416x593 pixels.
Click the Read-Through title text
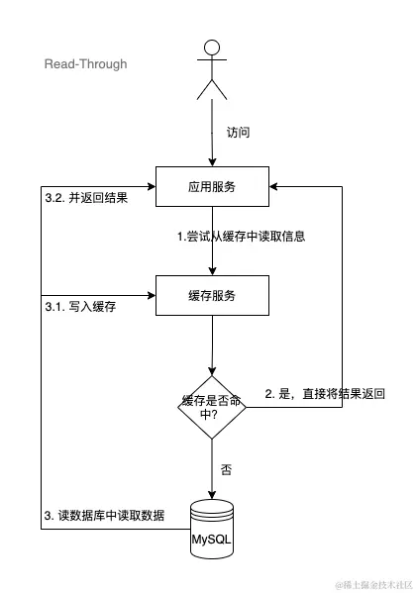85,64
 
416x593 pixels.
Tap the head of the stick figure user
212,47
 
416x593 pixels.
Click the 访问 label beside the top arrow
239,132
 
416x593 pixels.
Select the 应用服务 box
212,186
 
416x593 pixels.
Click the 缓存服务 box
212,295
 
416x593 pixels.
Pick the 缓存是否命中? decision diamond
212,408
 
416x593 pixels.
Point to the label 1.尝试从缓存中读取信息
234,237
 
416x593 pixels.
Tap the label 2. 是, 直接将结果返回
325,393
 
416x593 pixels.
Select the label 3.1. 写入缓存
81,307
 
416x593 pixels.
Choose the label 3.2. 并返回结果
87,197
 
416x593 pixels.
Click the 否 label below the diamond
226,470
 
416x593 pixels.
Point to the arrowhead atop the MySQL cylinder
212,496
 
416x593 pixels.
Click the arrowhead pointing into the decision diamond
212,369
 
